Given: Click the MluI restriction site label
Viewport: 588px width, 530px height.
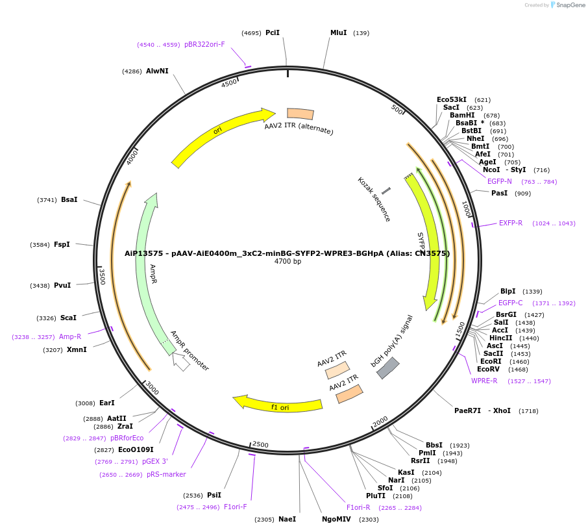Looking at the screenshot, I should pos(338,32).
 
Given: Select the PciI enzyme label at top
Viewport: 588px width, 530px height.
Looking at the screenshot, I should pos(273,32).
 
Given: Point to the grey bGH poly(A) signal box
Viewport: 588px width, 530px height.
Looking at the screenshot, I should pos(388,368).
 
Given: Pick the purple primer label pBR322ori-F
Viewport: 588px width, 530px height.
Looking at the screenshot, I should pos(204,44).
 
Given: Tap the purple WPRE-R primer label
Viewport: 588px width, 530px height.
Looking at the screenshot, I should pos(484,381).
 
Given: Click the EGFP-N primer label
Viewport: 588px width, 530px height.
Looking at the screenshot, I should pos(500,181).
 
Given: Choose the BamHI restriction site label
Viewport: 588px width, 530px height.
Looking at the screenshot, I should pos(462,115).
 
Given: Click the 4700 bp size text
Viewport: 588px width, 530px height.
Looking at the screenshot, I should pos(288,262).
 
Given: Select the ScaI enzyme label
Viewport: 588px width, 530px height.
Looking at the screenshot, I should pos(68,318).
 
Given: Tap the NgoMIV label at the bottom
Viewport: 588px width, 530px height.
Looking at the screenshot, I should pos(336,519).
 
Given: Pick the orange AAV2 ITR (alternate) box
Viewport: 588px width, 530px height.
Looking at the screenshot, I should pos(300,114).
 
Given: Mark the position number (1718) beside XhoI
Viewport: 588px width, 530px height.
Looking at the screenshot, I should pos(529,410).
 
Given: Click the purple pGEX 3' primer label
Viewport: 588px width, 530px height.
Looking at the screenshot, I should pos(155,461).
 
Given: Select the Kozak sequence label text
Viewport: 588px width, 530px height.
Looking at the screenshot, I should pos(374,199).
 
